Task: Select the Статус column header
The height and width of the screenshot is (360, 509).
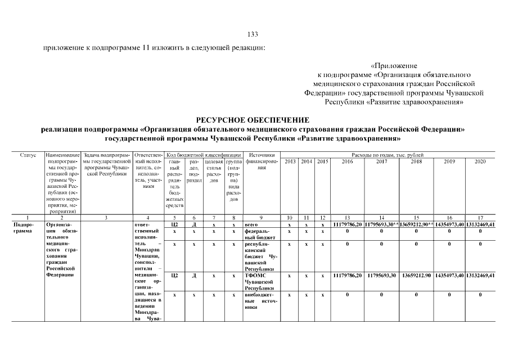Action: point(28,155)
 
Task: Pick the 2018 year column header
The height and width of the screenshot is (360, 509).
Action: point(416,161)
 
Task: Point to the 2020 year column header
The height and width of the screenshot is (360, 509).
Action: point(480,161)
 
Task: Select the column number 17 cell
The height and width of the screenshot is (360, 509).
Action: point(480,217)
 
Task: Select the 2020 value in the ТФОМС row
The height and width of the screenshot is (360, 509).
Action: point(480,275)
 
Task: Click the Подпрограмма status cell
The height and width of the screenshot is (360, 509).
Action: point(24,227)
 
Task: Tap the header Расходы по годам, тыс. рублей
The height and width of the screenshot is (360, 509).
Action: point(388,154)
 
